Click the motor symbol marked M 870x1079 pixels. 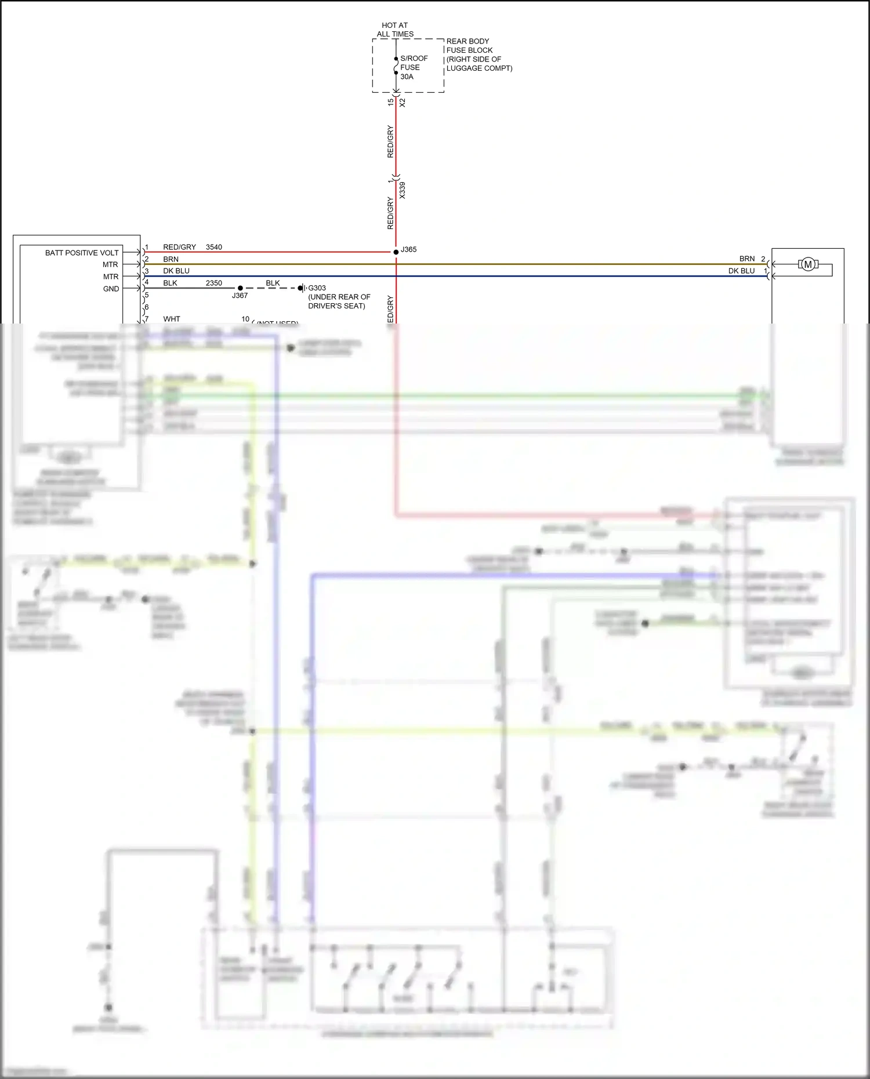(x=807, y=264)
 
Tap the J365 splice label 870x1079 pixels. (x=409, y=249)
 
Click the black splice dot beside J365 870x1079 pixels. (x=396, y=252)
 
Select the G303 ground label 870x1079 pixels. (x=317, y=288)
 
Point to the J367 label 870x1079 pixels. (x=240, y=296)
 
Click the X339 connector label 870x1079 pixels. (x=403, y=190)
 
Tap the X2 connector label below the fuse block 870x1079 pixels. (x=403, y=103)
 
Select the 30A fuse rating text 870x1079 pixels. (x=407, y=77)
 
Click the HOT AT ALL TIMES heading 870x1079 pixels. (x=395, y=30)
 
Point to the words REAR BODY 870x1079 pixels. (x=467, y=41)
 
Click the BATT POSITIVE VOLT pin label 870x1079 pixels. (x=82, y=253)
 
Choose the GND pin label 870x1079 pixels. (x=111, y=289)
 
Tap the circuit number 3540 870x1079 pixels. (x=214, y=247)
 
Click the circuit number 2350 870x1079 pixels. (x=214, y=283)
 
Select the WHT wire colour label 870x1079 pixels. (x=172, y=319)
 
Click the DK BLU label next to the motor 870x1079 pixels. (x=741, y=271)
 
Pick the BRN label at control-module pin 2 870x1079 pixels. (x=171, y=259)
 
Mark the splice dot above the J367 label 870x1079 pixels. (x=240, y=288)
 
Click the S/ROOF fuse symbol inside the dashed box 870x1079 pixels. (x=396, y=66)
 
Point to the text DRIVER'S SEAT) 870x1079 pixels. (x=336, y=306)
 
